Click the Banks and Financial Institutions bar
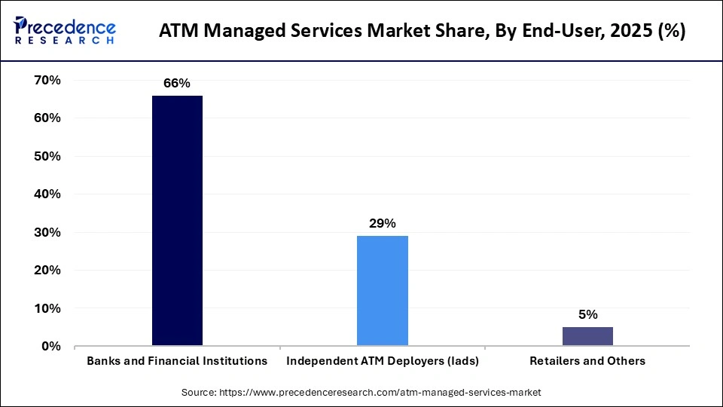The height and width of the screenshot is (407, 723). [177, 221]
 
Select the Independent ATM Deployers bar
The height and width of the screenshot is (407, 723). [382, 291]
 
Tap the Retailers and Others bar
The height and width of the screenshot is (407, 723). [587, 336]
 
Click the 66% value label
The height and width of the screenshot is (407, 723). [177, 84]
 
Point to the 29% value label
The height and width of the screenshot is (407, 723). [382, 223]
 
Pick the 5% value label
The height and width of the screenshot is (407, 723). [587, 314]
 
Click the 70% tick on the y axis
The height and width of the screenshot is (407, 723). [47, 80]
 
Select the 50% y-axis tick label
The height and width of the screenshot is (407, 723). [47, 156]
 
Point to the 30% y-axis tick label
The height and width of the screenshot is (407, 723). [47, 232]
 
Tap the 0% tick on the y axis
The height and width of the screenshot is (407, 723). [50, 346]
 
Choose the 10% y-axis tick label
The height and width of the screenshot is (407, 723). [47, 308]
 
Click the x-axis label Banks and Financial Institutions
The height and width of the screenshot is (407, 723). [177, 361]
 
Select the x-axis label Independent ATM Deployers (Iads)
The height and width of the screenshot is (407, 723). [383, 361]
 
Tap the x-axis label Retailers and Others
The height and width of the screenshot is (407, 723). [587, 361]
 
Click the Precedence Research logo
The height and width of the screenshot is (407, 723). [65, 31]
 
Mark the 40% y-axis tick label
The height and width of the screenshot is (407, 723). [47, 194]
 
